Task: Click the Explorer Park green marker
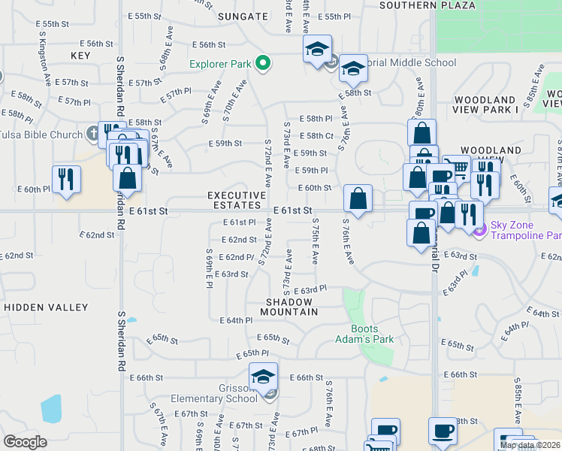pyautogui.click(x=262, y=64)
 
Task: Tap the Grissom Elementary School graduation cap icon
pyautogui.click(x=264, y=376)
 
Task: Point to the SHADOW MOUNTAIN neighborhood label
pyautogui.click(x=290, y=306)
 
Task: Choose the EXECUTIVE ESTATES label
pyautogui.click(x=237, y=201)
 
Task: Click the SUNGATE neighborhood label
pyautogui.click(x=243, y=16)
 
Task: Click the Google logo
pyautogui.click(x=25, y=442)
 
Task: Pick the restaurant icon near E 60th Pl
pyautogui.click(x=66, y=180)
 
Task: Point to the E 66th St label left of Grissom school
pyautogui.click(x=146, y=377)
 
